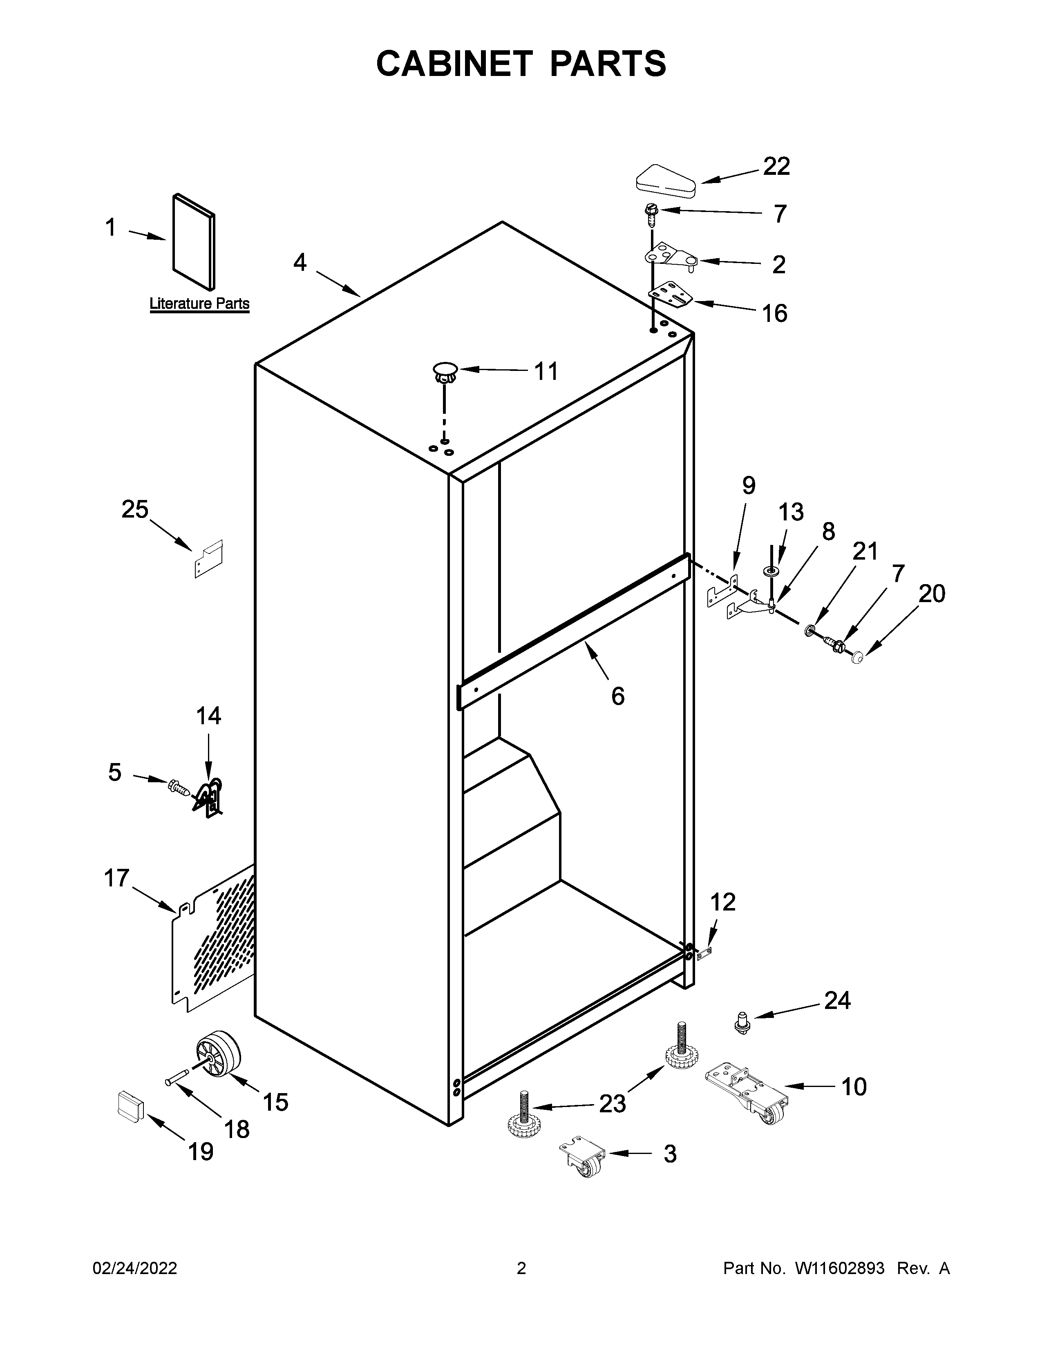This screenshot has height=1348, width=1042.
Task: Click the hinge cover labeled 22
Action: point(665,181)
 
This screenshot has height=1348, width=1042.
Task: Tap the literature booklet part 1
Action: point(194,241)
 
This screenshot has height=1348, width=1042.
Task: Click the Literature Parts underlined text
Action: point(199,304)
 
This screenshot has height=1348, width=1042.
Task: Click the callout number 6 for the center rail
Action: point(617,696)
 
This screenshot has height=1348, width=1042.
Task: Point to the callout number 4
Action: point(300,263)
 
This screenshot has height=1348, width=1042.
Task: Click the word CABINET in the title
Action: point(454,64)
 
